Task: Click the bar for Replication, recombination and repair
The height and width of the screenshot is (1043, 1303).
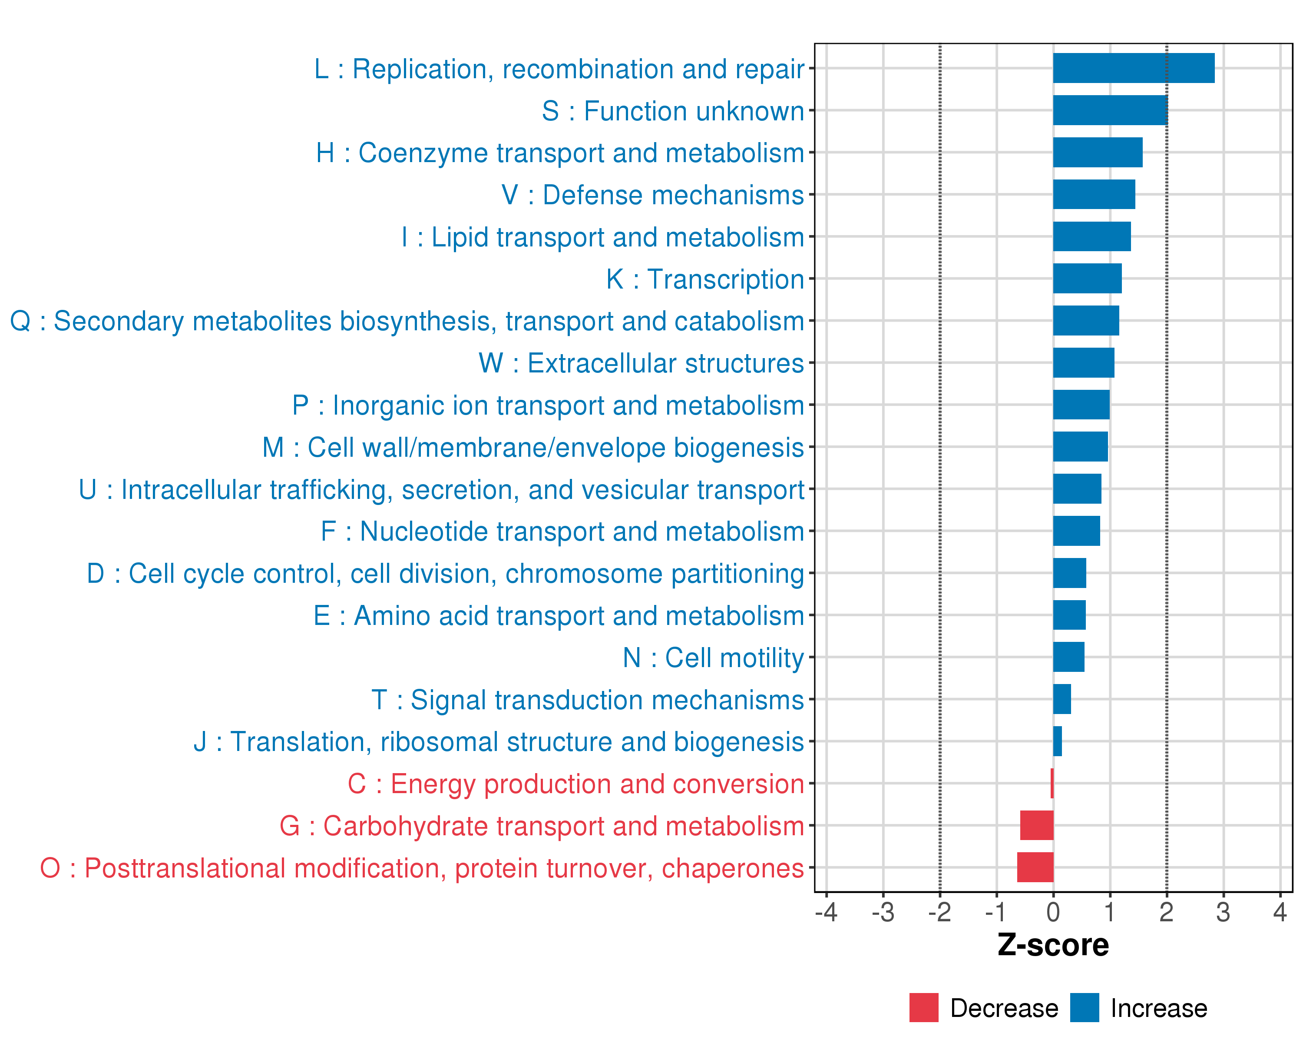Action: (1133, 68)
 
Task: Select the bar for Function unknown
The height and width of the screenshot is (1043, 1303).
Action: (1110, 110)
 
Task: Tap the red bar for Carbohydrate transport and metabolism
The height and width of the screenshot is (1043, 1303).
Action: (1036, 825)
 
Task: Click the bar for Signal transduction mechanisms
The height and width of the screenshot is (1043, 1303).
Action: (1062, 699)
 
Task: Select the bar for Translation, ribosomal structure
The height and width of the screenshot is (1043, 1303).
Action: (1057, 741)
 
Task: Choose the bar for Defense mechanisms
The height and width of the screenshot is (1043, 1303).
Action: (1094, 194)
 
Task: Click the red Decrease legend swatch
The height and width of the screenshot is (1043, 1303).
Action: (923, 1007)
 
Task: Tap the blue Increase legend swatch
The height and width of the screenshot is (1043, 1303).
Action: (1084, 1007)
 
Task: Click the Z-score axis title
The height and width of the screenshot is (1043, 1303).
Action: (1053, 945)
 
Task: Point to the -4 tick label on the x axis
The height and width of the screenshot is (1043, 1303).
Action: (826, 912)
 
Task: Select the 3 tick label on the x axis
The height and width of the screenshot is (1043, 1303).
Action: (1223, 912)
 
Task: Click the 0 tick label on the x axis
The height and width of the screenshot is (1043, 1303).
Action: (1053, 912)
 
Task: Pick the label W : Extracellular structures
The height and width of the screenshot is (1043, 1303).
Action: (641, 363)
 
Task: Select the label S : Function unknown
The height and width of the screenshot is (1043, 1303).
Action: (673, 111)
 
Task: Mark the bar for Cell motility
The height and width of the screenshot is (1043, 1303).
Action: (1068, 657)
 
